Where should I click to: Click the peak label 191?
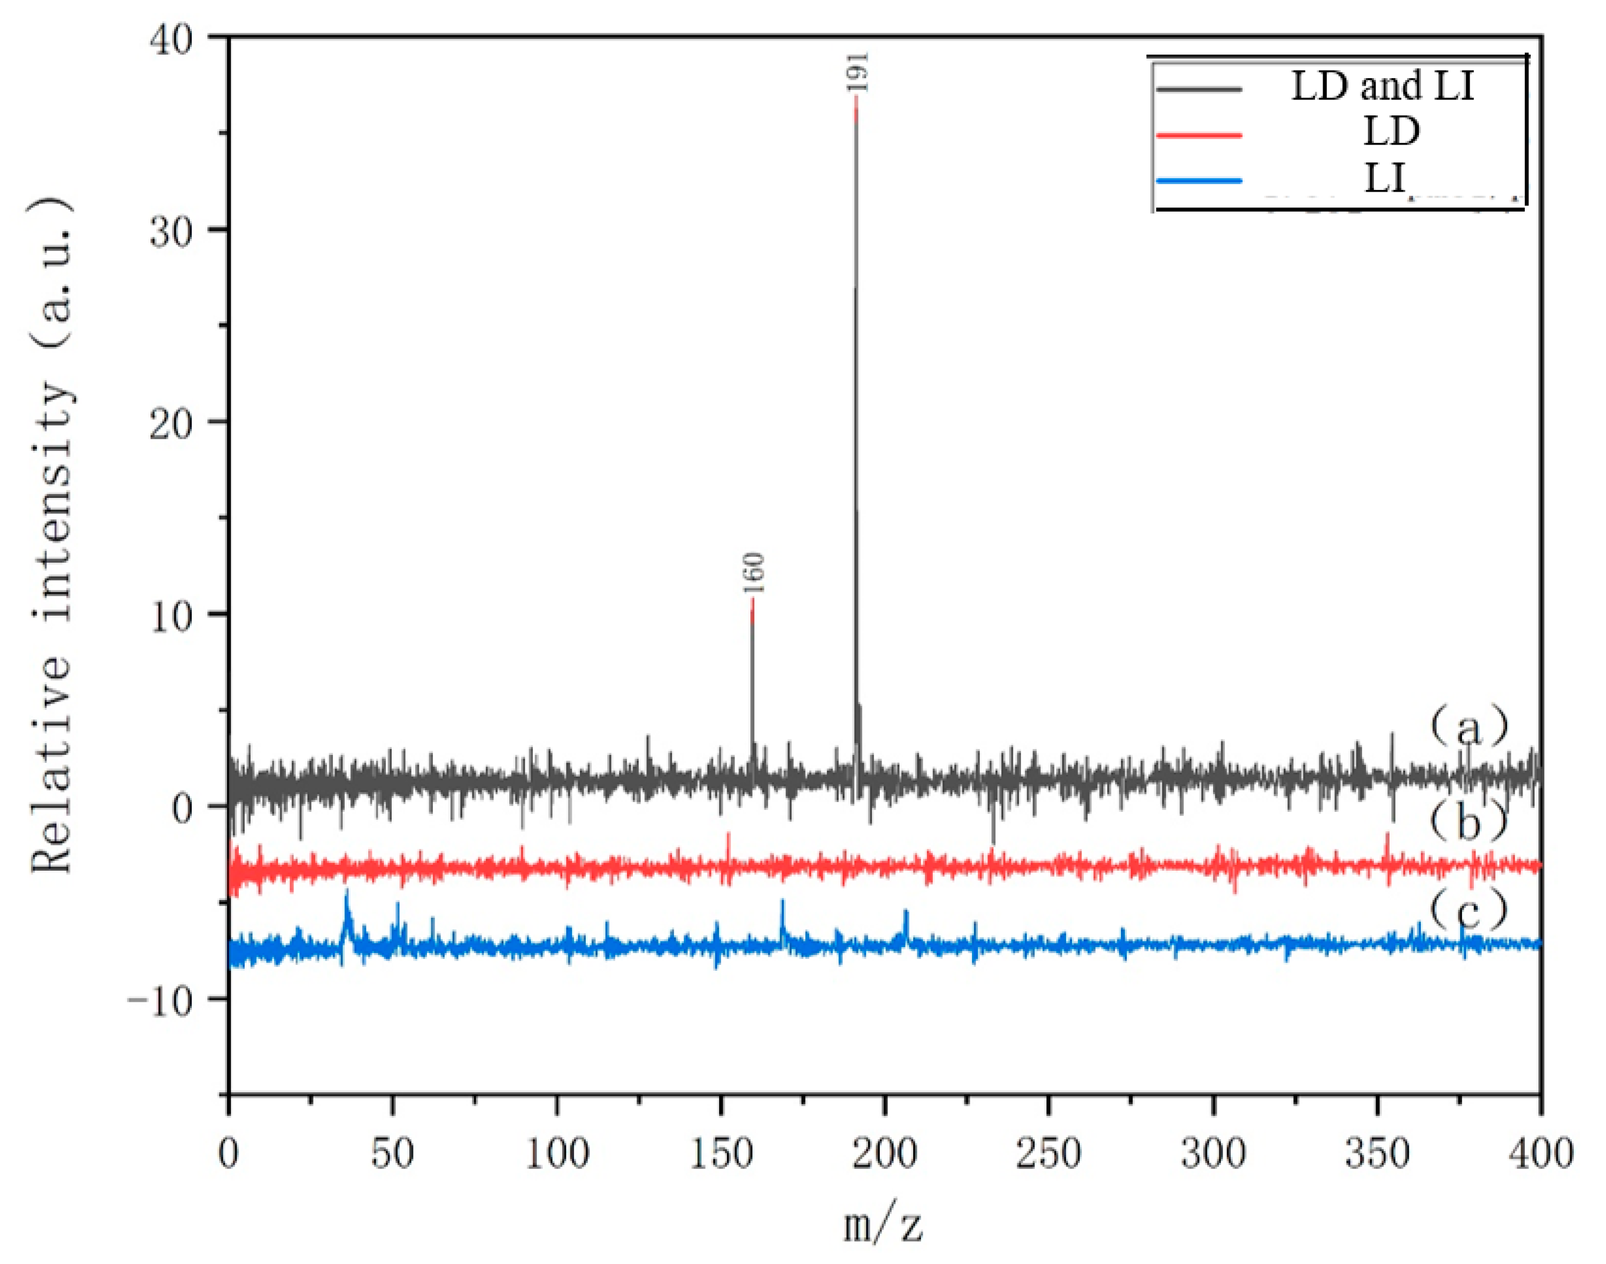[x=859, y=72]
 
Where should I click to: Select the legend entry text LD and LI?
[x=1383, y=86]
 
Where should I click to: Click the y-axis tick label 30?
[x=178, y=229]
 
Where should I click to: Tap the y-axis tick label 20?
[x=178, y=422]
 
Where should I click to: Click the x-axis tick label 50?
[x=392, y=1155]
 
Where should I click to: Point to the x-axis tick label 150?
[x=721, y=1155]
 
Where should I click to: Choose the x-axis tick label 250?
[x=1049, y=1155]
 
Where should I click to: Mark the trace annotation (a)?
[x=1468, y=727]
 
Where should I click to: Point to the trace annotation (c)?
[x=1468, y=909]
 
